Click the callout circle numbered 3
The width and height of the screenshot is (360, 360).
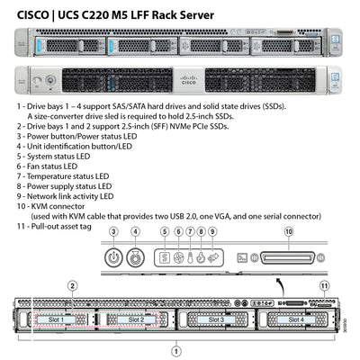(x=113, y=232)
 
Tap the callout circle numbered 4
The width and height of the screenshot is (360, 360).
(x=135, y=232)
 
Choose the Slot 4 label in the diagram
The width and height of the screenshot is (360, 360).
(x=296, y=319)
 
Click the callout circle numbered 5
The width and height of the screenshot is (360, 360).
(x=165, y=233)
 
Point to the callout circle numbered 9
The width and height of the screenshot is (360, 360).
(x=212, y=233)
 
